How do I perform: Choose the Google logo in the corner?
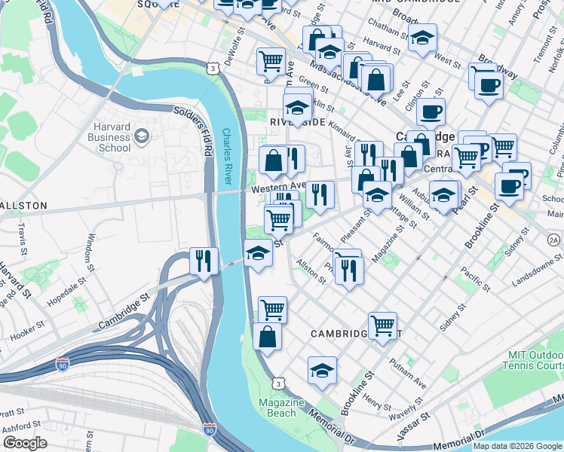[x=25, y=443]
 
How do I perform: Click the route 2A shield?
[x=554, y=240]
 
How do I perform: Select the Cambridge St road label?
[x=124, y=318]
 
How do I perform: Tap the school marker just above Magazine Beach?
[x=322, y=371]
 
